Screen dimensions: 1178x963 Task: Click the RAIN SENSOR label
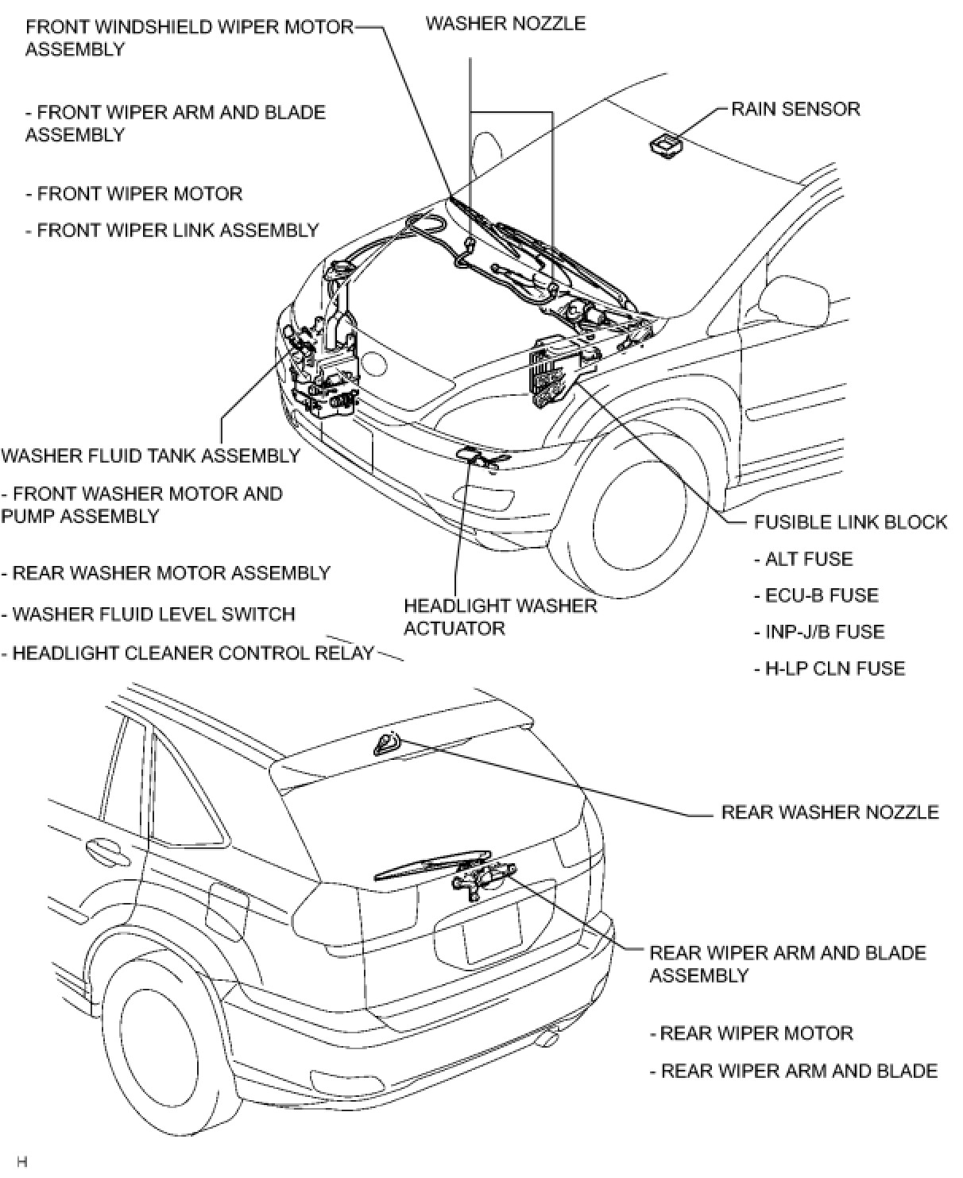pos(795,109)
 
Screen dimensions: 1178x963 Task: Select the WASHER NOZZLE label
pos(505,23)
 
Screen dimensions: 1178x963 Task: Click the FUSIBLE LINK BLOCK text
pos(850,522)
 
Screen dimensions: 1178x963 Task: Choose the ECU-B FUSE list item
pos(816,595)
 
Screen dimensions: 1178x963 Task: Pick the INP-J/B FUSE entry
pos(819,632)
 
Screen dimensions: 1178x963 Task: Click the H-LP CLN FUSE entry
pos(830,668)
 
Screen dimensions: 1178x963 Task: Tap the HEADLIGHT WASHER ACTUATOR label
pos(500,617)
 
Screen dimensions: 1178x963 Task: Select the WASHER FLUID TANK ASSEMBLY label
pos(151,456)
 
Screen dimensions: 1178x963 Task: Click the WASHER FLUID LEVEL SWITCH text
pos(149,614)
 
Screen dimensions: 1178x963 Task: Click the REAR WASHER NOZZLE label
pos(830,812)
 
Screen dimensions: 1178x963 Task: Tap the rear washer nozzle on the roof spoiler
pos(387,743)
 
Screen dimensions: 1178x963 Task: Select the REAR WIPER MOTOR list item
pos(752,1033)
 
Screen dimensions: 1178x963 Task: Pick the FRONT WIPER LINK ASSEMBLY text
pos(172,231)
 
